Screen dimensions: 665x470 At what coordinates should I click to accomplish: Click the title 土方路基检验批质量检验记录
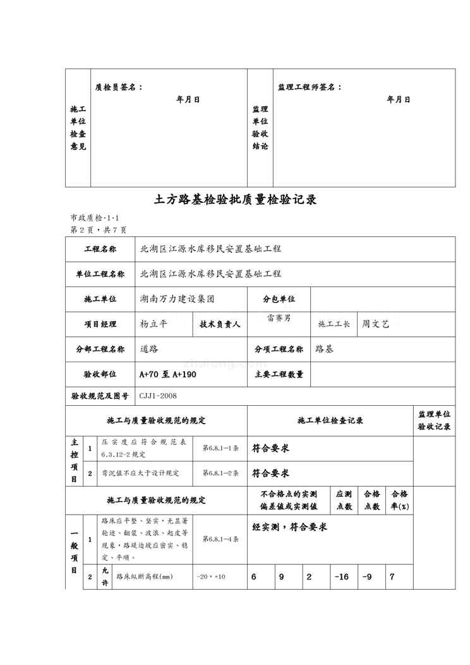[235, 200]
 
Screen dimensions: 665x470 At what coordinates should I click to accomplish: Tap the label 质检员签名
[118, 87]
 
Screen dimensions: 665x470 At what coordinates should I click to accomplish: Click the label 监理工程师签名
[310, 87]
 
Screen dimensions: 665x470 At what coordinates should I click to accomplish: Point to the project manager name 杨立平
[154, 324]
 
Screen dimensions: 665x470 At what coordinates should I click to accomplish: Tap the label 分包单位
[279, 299]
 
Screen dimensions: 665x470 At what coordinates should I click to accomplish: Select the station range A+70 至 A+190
[167, 374]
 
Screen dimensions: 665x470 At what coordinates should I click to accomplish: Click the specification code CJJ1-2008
[158, 396]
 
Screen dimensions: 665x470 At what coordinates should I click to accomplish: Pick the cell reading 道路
[148, 349]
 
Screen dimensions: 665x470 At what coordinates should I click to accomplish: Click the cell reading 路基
[323, 349]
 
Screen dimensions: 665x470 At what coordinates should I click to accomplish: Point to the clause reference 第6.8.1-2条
[220, 473]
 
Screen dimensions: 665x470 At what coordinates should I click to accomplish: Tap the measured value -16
[341, 577]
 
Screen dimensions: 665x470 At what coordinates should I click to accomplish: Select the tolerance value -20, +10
[211, 577]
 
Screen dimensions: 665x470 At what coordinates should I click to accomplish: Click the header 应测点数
[344, 499]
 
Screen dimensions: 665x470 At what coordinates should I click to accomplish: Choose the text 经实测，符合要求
[289, 527]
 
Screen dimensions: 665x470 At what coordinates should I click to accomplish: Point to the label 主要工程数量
[279, 374]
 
